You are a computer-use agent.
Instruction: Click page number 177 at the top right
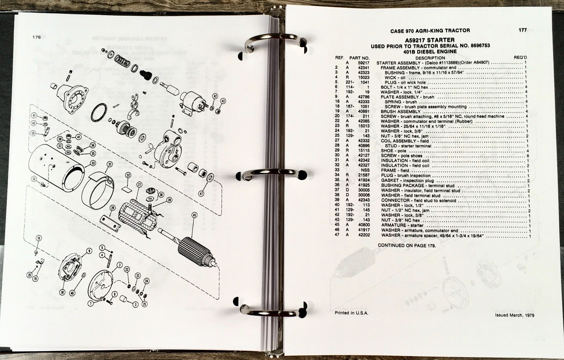(x=522, y=30)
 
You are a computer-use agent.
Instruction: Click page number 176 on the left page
(x=37, y=37)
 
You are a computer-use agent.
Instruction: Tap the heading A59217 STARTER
(x=430, y=40)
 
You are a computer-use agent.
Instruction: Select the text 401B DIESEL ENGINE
(x=430, y=51)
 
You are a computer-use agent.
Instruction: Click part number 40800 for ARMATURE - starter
(x=364, y=225)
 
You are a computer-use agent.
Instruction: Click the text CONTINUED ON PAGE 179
(x=406, y=245)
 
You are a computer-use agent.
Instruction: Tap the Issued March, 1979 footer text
(x=514, y=315)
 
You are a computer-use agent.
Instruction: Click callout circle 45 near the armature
(x=194, y=215)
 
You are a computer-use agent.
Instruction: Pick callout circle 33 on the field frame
(x=93, y=163)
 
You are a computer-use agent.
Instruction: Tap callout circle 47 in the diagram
(x=201, y=193)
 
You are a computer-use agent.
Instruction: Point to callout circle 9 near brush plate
(x=89, y=251)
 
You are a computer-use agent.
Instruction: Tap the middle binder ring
(x=271, y=173)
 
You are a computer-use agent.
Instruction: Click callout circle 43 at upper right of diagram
(x=223, y=101)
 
